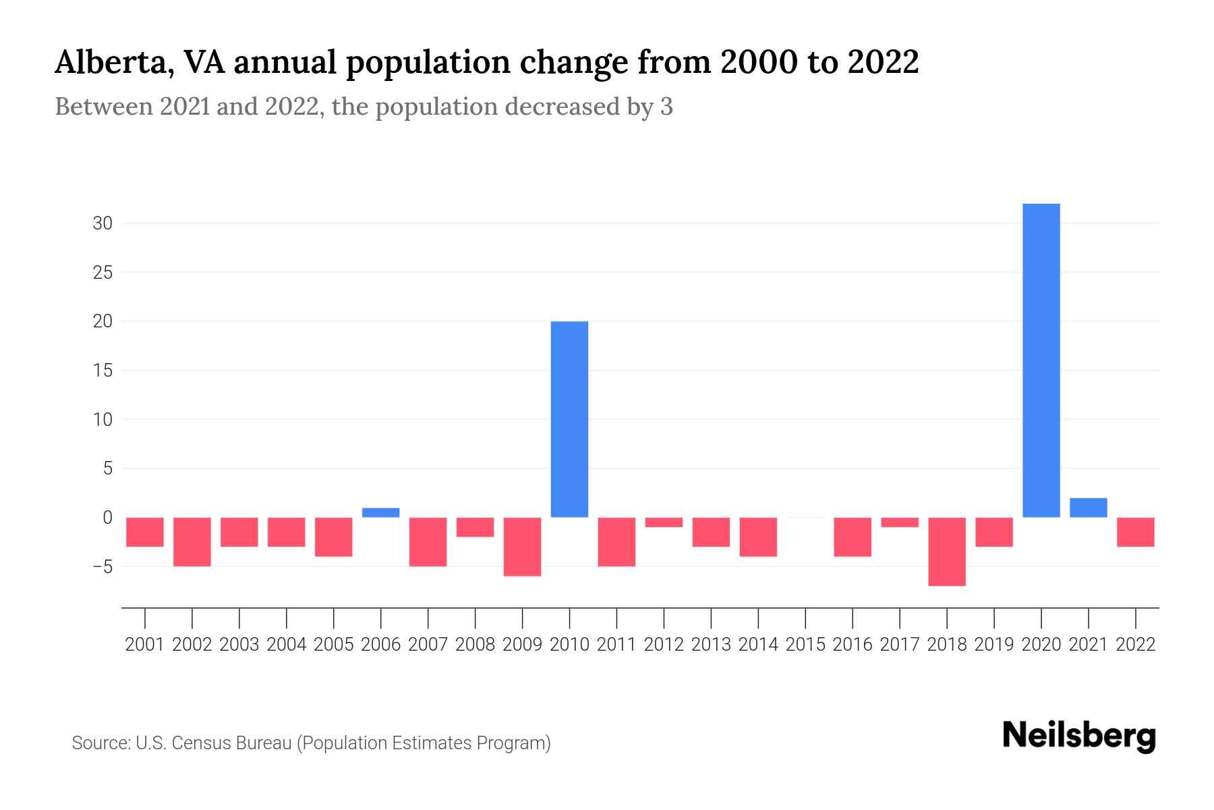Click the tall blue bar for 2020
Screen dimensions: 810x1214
coord(1041,360)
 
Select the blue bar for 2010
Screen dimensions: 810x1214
coord(569,419)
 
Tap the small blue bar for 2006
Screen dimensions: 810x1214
coord(381,513)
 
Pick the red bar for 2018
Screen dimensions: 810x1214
coord(947,551)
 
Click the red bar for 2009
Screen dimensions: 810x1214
coord(523,547)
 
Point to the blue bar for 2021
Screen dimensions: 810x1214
coord(1089,508)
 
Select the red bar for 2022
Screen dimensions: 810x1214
coord(1136,532)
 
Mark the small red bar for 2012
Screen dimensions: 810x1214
coord(664,522)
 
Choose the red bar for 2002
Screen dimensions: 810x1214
coord(192,541)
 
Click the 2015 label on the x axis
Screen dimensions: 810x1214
coord(805,645)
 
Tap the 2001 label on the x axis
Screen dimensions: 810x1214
coord(145,645)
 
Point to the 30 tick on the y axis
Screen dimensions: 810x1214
coord(102,223)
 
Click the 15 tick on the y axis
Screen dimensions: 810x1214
coord(102,371)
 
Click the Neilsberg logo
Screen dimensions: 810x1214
coord(1078,736)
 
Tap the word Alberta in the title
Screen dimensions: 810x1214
coord(111,63)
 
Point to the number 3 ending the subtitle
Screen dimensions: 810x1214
coord(666,107)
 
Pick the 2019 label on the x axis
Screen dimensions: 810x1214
coord(994,645)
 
